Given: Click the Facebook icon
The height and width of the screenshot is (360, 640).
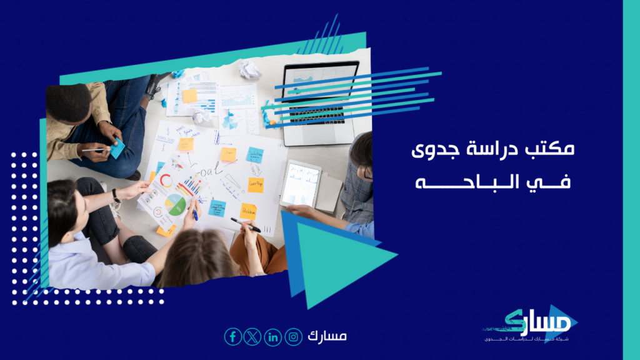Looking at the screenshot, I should (x=232, y=337).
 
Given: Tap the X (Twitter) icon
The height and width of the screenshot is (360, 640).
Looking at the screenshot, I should (x=252, y=337).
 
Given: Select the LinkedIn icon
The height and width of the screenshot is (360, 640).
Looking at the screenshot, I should (x=273, y=337).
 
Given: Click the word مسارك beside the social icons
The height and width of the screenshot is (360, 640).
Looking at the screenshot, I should (x=327, y=336).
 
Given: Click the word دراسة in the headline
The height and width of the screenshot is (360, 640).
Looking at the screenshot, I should (x=504, y=151).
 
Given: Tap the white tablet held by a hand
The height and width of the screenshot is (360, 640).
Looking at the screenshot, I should (x=299, y=184).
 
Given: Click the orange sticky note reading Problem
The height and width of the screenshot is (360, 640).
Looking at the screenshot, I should (x=248, y=211).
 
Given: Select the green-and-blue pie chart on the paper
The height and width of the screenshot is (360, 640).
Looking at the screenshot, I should (x=176, y=204).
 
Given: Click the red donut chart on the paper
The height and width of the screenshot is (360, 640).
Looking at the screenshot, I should (x=166, y=181).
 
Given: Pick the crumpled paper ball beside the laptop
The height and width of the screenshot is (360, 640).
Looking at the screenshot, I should (x=249, y=69).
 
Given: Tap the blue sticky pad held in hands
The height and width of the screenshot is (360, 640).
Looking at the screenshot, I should (x=117, y=148).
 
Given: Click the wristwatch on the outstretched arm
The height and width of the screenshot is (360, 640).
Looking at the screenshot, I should (x=116, y=195).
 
